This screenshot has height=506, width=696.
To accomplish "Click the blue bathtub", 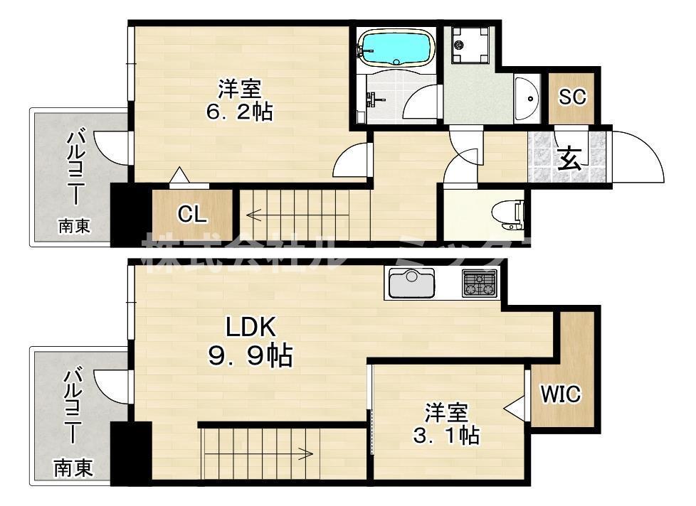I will [396, 48].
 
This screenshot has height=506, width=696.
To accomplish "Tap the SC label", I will [572, 97].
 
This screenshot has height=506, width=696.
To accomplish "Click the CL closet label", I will [192, 214].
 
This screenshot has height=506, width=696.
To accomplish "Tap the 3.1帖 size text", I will [446, 435].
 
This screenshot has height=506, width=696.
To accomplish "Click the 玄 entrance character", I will [569, 158].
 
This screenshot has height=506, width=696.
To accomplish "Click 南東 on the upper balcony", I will [74, 227].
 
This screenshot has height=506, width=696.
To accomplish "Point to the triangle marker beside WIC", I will [514, 407].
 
